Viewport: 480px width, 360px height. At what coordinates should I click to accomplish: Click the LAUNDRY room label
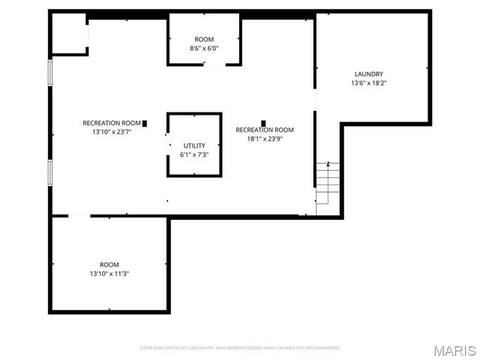pos(369,73)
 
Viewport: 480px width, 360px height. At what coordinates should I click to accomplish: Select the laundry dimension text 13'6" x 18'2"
pos(369,82)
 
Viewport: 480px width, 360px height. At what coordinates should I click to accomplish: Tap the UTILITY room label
pos(194,145)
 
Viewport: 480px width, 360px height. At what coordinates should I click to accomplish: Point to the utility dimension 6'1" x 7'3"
pos(194,154)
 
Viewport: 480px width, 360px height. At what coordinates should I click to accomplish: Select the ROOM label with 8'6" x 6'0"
pos(204,39)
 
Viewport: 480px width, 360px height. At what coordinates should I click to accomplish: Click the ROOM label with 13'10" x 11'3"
pos(109,265)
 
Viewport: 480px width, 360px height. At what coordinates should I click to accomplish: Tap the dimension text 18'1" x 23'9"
pos(265,138)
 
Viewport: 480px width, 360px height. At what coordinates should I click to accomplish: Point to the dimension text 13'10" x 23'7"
pos(112,131)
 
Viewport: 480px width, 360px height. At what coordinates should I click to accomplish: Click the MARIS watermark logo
pos(454,350)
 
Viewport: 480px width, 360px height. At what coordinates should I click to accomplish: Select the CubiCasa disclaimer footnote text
pos(240,348)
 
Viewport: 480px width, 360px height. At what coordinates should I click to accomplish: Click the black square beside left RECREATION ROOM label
pos(145,122)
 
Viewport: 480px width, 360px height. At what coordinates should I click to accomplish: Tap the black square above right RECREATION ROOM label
pos(263,122)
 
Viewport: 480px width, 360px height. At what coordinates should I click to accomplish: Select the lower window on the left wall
pos(51,172)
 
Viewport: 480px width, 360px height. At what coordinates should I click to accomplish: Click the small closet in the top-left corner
pos(68,34)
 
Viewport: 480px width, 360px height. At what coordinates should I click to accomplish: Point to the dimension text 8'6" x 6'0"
pos(204,48)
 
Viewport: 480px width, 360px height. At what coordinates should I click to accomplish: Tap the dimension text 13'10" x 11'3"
pos(109,274)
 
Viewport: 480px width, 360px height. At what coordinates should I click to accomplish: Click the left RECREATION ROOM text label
pos(112,122)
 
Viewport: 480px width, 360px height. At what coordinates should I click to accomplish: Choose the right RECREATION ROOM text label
pos(265,130)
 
